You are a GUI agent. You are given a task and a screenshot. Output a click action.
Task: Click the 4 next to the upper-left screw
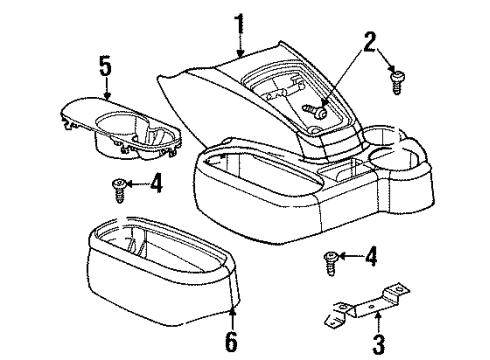click(156, 182)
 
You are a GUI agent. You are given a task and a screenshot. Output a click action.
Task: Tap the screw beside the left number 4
click(120, 186)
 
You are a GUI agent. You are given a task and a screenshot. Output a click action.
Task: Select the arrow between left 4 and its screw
click(140, 183)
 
